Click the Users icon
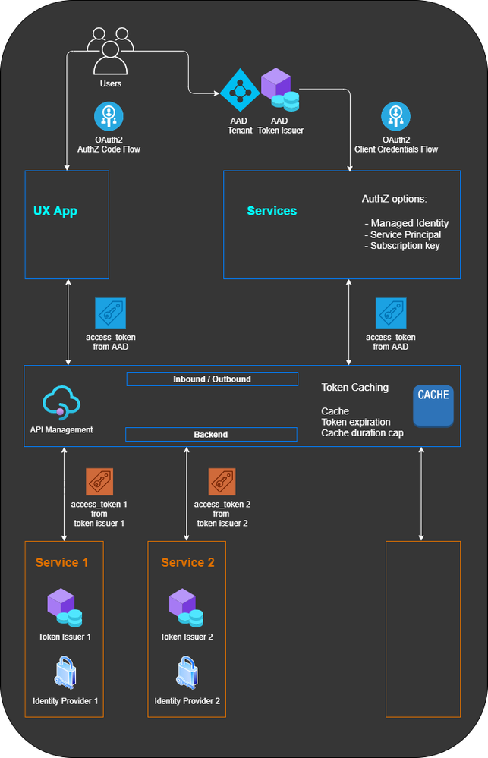coord(110,50)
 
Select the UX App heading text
coord(55,211)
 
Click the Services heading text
coord(272,211)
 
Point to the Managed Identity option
coord(407,223)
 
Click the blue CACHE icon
coord(433,406)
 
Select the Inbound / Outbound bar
coord(212,379)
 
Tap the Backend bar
coord(211,435)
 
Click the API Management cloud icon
coord(61,404)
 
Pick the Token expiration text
coord(356,422)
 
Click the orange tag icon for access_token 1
coord(99,482)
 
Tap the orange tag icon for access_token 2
coord(222,482)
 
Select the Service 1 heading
coord(61,562)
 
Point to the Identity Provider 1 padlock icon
coord(65,673)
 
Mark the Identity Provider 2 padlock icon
coord(187,673)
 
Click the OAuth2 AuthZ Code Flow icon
coord(108,116)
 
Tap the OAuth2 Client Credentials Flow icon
coord(395,116)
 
